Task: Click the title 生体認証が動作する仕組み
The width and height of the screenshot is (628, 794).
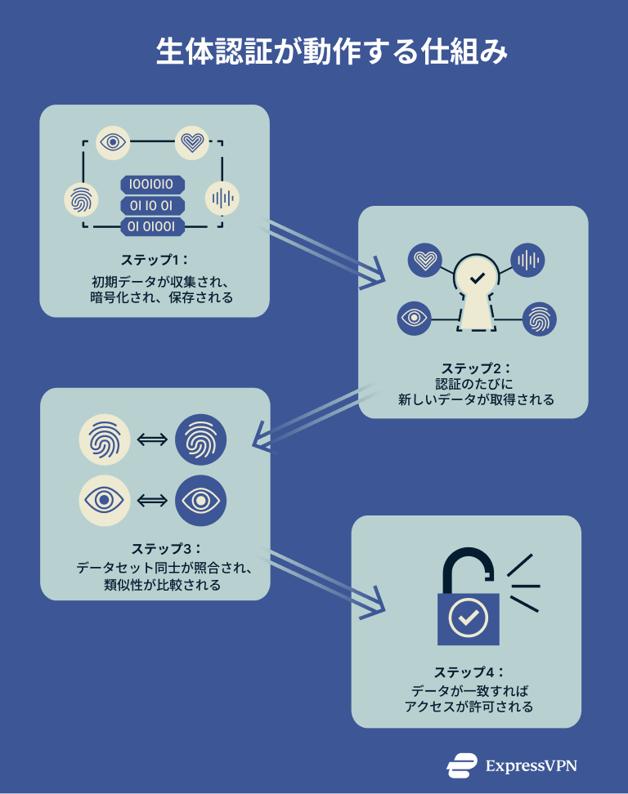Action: click(x=332, y=51)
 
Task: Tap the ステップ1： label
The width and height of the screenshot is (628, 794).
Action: click(x=155, y=260)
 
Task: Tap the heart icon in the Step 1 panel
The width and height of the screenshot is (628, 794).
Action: click(x=192, y=143)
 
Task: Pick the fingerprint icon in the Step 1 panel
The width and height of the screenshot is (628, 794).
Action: click(x=80, y=199)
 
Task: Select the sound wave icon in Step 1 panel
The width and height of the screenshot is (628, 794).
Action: click(x=222, y=198)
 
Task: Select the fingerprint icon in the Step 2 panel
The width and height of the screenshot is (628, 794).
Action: click(x=539, y=319)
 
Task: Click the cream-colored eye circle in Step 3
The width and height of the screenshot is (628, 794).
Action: click(x=105, y=499)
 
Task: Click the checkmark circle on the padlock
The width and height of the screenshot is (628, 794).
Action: click(x=468, y=618)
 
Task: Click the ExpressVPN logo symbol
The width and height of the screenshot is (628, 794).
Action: click(x=462, y=765)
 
